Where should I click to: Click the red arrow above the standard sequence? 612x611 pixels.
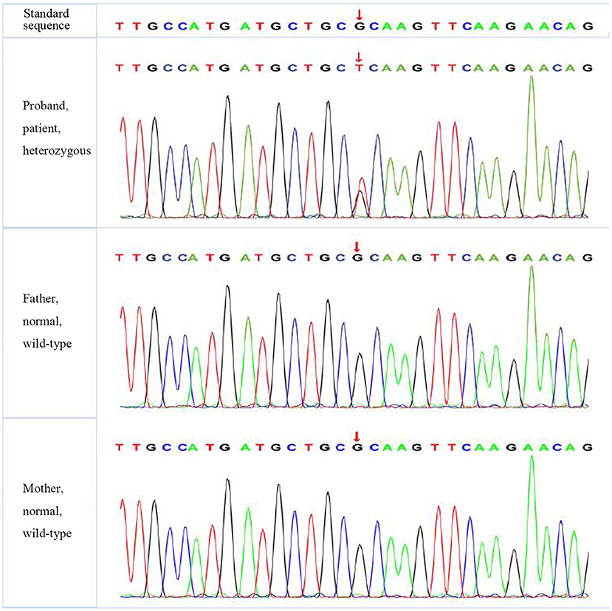click(359, 14)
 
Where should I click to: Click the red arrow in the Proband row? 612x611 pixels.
click(359, 57)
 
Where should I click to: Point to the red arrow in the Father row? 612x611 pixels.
click(357, 246)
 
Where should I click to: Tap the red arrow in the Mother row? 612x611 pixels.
click(357, 436)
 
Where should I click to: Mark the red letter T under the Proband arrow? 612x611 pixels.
click(358, 69)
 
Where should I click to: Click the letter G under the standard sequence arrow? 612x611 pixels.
click(358, 27)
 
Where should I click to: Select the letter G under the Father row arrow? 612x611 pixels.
click(358, 258)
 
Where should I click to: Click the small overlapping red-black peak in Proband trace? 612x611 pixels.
click(360, 196)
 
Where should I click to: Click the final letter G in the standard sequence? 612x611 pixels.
click(588, 27)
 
